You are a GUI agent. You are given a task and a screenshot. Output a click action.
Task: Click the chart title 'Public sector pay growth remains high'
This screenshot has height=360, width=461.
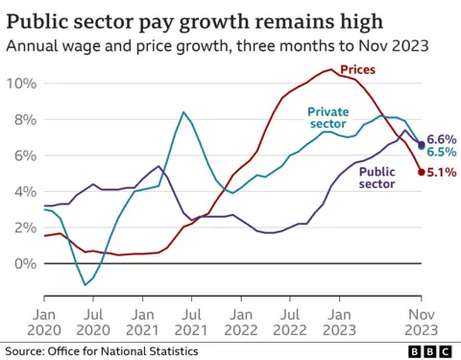(191, 20)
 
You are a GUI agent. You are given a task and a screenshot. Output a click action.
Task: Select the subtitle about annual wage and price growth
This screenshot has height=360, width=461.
(216, 45)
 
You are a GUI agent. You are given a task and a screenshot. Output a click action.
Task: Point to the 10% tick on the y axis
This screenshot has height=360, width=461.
(20, 84)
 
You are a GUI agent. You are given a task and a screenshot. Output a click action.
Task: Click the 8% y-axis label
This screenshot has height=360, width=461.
(23, 119)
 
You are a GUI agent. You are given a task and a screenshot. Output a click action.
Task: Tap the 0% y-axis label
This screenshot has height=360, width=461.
(23, 263)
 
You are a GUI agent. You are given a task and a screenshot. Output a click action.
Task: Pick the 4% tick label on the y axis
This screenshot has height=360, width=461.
(23, 191)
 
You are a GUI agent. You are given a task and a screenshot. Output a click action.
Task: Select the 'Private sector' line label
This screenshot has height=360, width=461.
(329, 118)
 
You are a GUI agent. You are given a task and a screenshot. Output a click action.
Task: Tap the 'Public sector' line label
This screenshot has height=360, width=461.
(377, 179)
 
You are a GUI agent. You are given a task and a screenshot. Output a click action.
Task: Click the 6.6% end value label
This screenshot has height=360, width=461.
(441, 139)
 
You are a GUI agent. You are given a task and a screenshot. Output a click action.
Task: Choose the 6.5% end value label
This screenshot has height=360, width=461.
(441, 153)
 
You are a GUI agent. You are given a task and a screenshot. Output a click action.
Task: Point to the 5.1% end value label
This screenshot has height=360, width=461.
(441, 173)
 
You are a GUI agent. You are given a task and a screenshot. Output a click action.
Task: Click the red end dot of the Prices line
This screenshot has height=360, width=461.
(421, 172)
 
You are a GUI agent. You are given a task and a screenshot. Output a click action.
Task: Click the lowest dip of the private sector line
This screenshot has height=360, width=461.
(85, 284)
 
